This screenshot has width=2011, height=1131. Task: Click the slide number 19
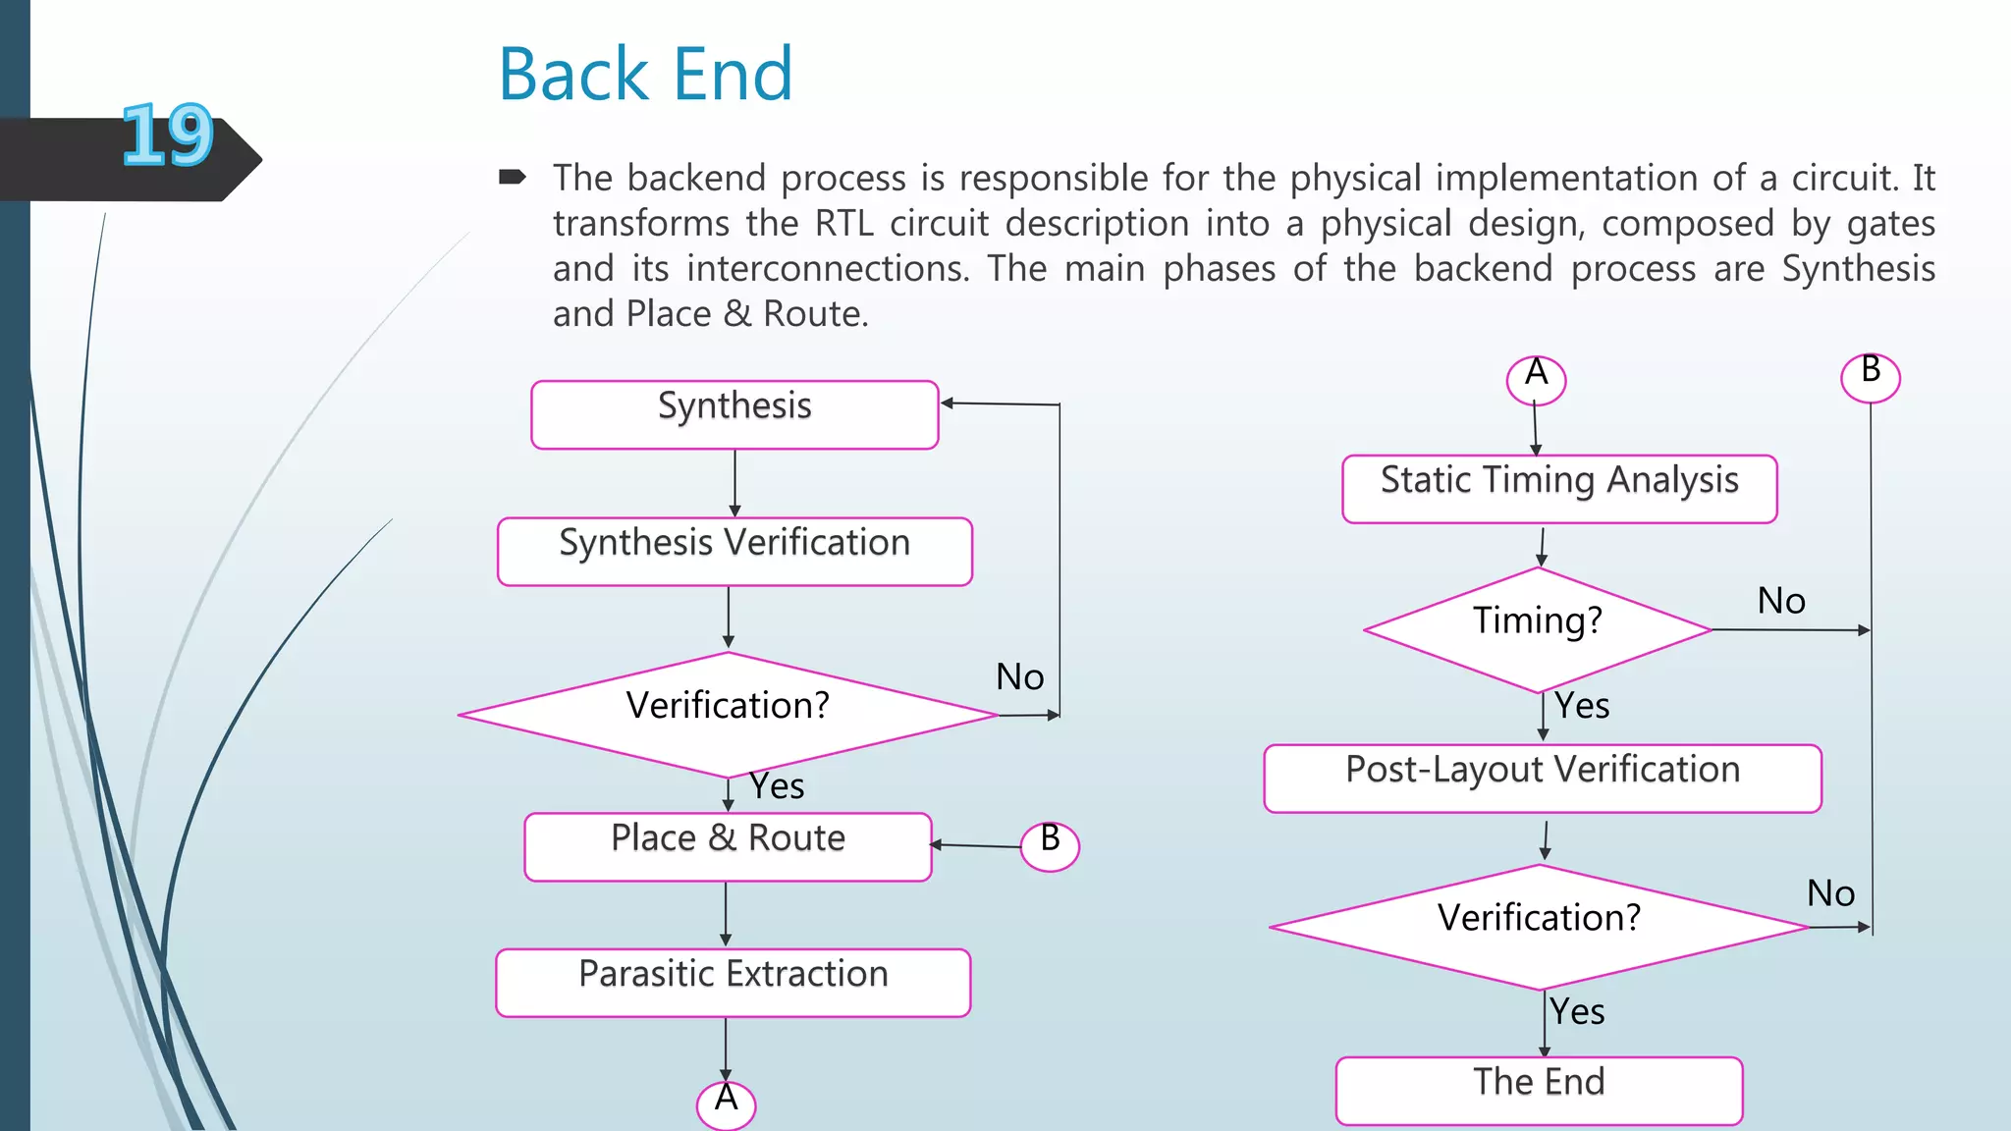click(x=167, y=135)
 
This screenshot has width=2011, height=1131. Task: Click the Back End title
click(x=645, y=75)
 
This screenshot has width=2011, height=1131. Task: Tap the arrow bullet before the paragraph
click(x=513, y=178)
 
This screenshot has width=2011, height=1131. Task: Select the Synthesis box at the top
click(x=734, y=415)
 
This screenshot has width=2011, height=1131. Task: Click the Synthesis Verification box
click(x=734, y=552)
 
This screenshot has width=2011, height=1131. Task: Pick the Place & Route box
click(x=728, y=846)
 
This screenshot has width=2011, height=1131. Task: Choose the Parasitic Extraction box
click(x=733, y=982)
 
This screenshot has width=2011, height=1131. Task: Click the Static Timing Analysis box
click(x=1559, y=489)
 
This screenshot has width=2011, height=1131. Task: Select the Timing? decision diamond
click(x=1538, y=629)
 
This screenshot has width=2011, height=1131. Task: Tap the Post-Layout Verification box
click(x=1543, y=779)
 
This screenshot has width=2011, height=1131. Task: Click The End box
click(x=1539, y=1090)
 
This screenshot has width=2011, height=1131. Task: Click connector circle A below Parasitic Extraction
click(x=726, y=1104)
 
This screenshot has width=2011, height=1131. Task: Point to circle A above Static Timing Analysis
click(x=1536, y=379)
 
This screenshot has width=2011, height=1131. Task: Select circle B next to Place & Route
click(x=1050, y=845)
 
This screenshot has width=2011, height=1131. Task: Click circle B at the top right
click(x=1870, y=377)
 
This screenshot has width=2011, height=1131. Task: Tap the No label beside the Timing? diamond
click(x=1781, y=601)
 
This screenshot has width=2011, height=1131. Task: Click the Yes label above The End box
click(x=1577, y=1012)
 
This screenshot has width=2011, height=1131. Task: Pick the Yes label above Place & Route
click(x=777, y=786)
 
